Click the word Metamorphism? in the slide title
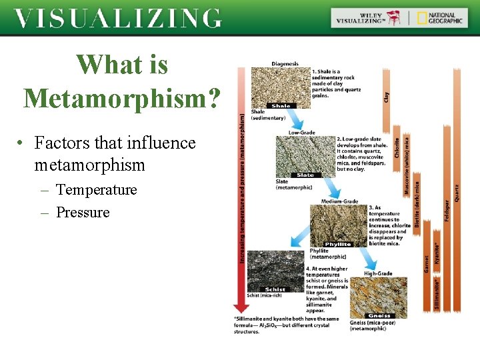[x=122, y=97]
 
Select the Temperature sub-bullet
[x=96, y=190]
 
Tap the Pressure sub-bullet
[x=83, y=213]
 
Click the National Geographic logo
[x=439, y=18]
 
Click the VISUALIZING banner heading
[x=118, y=19]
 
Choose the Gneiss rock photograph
[x=379, y=297]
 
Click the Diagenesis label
[x=285, y=63]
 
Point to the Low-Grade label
[x=301, y=133]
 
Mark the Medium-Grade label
[x=339, y=201]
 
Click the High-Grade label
[x=378, y=273]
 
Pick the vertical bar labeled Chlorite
[x=397, y=147]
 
